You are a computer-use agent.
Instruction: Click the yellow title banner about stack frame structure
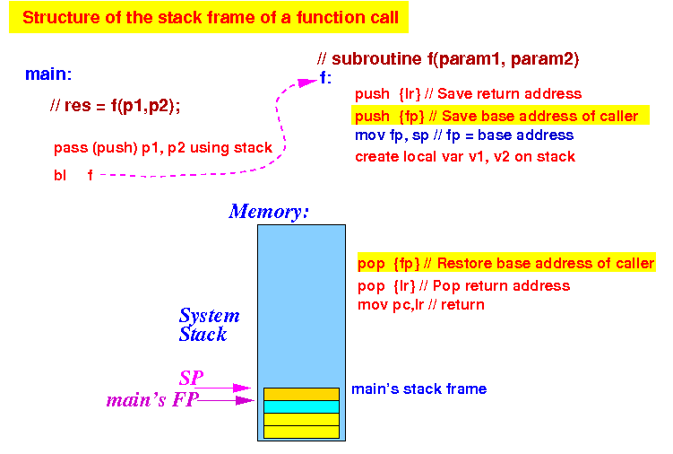pyautogui.click(x=209, y=17)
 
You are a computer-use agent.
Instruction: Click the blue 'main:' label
pyautogui.click(x=48, y=74)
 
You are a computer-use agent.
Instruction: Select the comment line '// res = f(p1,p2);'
pyautogui.click(x=115, y=105)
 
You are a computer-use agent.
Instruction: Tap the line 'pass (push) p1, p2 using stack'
pyautogui.click(x=163, y=148)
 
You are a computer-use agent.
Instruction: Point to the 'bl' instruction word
pyautogui.click(x=60, y=175)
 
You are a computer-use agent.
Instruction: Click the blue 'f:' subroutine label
pyautogui.click(x=325, y=78)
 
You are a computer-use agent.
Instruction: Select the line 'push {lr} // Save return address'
pyautogui.click(x=469, y=93)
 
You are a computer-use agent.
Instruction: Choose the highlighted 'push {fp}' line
pyautogui.click(x=500, y=116)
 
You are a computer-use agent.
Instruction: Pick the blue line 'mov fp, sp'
pyautogui.click(x=464, y=135)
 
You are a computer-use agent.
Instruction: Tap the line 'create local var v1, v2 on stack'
pyautogui.click(x=465, y=156)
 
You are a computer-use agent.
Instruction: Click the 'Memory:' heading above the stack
pyautogui.click(x=269, y=212)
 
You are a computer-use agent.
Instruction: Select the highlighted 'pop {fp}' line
pyautogui.click(x=506, y=263)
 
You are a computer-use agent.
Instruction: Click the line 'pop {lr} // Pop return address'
pyautogui.click(x=463, y=286)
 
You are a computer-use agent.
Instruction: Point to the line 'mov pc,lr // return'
pyautogui.click(x=421, y=305)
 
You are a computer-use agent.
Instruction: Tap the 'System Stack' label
pyautogui.click(x=209, y=325)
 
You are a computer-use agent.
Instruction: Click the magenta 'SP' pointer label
pyautogui.click(x=192, y=379)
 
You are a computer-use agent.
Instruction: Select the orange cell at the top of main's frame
pyautogui.click(x=301, y=394)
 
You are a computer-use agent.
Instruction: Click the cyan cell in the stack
pyautogui.click(x=301, y=406)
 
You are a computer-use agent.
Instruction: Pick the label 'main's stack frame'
pyautogui.click(x=418, y=389)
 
